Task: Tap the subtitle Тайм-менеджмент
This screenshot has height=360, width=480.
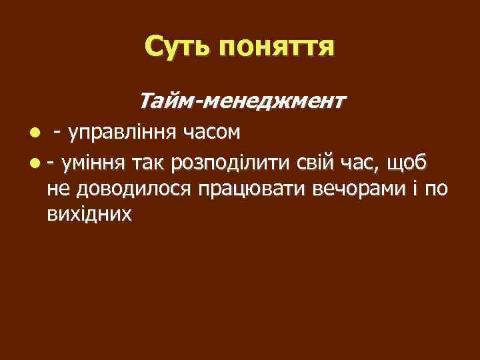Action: coord(242,101)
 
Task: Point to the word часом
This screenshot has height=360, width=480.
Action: coord(213,133)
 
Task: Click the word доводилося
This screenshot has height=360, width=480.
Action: coord(133,189)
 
